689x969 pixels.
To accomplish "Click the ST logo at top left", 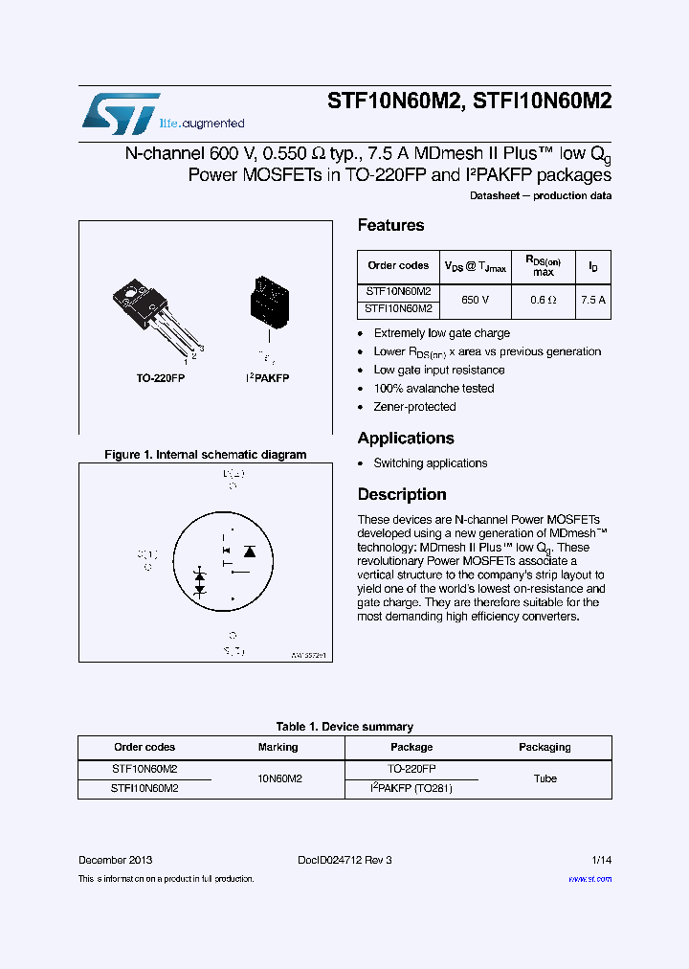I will [120, 114].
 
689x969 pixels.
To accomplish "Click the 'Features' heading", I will [390, 225].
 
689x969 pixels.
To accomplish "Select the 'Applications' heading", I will [406, 438].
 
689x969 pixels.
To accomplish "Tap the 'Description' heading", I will [402, 494].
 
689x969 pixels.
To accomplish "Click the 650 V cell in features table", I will [475, 300].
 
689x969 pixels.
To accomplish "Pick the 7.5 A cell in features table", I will [593, 300].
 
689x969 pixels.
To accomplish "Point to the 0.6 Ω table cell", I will [544, 300].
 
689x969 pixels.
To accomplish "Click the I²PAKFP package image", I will [268, 303].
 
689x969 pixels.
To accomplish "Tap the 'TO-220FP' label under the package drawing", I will [160, 378].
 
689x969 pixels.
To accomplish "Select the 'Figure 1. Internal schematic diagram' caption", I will [205, 455].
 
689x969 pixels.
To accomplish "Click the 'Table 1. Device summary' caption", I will [344, 727].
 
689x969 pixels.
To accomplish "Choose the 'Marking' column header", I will [278, 747].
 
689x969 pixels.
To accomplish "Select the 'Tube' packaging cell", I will [545, 778].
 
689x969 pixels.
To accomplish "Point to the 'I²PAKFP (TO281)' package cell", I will [411, 788].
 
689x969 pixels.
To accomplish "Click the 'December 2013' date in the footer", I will [115, 860].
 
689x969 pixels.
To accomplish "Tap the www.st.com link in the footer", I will [589, 879].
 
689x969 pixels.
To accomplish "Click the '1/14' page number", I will [600, 860].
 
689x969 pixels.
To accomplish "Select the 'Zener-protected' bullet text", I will [414, 407].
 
